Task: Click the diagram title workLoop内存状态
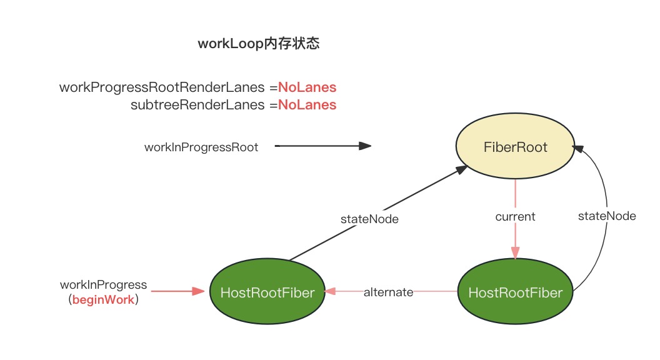coord(259,44)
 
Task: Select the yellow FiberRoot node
coord(515,147)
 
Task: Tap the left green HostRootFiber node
coord(267,292)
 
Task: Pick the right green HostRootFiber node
coord(515,292)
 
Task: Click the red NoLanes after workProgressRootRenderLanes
coord(307,87)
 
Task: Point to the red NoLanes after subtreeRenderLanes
coord(307,105)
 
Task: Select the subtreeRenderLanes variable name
coord(197,105)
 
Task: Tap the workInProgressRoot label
coord(201,147)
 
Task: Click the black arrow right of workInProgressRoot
coord(322,146)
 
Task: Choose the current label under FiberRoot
coord(515,216)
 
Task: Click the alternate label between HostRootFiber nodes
coord(388,292)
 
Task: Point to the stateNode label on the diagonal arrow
coord(369,219)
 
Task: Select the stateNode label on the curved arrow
coord(607,216)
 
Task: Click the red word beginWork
coord(103,300)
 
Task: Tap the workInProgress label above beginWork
coord(103,285)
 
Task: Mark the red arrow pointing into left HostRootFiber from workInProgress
coord(177,291)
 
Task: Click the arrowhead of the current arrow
coord(515,253)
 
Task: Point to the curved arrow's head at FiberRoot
coord(577,149)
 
